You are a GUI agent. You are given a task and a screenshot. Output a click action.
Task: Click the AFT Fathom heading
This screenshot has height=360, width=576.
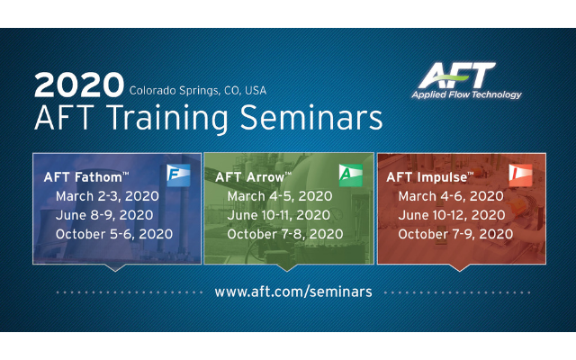click(86, 176)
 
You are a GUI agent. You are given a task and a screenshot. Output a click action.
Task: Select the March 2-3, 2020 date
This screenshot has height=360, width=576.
click(107, 195)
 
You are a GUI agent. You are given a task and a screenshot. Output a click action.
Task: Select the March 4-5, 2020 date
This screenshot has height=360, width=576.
click(279, 195)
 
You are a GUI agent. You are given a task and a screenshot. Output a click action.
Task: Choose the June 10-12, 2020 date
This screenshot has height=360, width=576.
click(452, 215)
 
